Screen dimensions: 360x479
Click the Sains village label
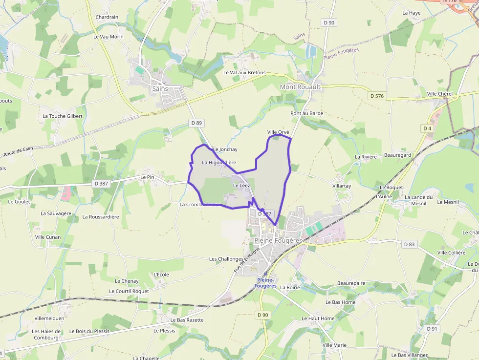(160, 89)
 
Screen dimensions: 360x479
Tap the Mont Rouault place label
(300, 86)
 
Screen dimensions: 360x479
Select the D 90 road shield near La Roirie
(263, 315)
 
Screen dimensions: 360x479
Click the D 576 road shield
(377, 96)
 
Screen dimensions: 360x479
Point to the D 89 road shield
(196, 123)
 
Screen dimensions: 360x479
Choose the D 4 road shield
(428, 128)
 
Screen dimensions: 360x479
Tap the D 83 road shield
(409, 244)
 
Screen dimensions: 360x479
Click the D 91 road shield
(431, 329)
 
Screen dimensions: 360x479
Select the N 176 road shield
(451, 1)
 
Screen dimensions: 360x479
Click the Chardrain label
(107, 17)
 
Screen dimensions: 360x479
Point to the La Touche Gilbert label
(63, 116)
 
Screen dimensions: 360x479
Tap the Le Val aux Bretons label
(244, 73)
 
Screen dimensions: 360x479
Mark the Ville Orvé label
(279, 132)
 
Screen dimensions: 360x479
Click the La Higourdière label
(219, 163)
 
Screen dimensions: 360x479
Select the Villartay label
(342, 186)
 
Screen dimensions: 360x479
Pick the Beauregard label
(397, 155)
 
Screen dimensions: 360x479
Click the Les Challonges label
(226, 259)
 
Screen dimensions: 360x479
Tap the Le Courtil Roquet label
(129, 291)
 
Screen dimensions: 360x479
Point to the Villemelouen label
(49, 318)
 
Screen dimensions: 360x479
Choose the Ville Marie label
(334, 345)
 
